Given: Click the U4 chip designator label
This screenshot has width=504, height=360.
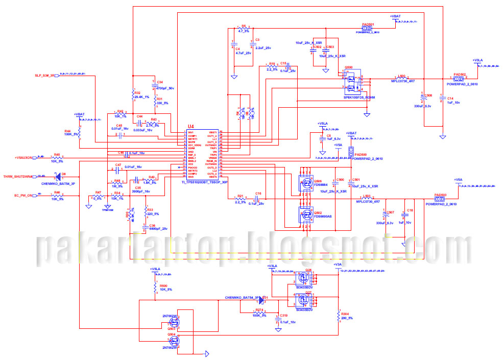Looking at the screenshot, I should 191,126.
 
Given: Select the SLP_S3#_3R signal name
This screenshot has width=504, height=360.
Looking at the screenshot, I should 44,75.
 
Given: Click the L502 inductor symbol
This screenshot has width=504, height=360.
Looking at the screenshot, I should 402,79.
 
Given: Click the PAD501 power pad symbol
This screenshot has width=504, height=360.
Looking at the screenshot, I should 368,29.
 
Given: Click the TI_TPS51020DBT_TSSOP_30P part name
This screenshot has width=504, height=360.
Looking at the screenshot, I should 204,182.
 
